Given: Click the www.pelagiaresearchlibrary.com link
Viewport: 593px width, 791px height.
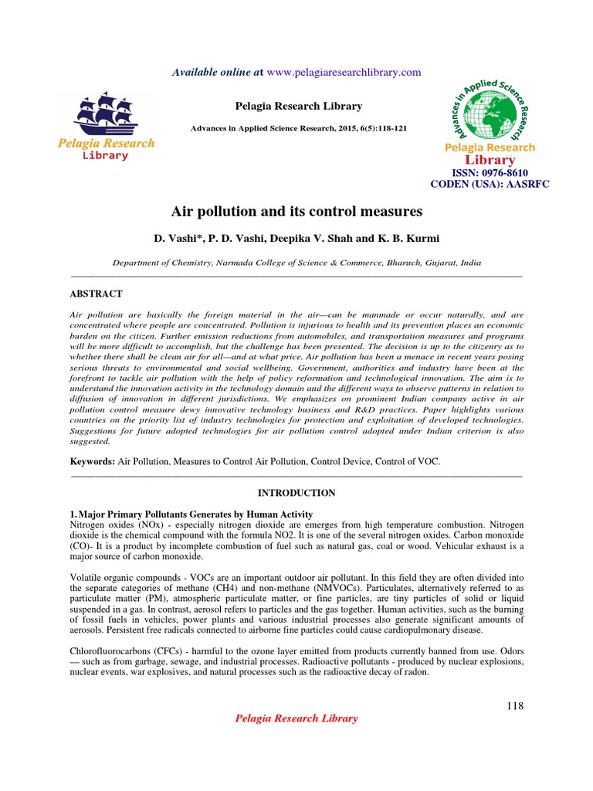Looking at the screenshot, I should [344, 72].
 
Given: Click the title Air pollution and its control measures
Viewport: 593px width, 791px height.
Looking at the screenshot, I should [296, 211].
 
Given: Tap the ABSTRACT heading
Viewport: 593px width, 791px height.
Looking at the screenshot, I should [97, 294].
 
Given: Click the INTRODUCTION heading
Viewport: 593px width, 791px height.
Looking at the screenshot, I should [296, 493].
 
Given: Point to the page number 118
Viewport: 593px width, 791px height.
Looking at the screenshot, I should [515, 705].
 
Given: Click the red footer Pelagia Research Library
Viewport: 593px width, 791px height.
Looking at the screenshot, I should [296, 718].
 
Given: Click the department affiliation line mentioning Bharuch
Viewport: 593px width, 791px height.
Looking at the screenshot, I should [296, 263].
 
